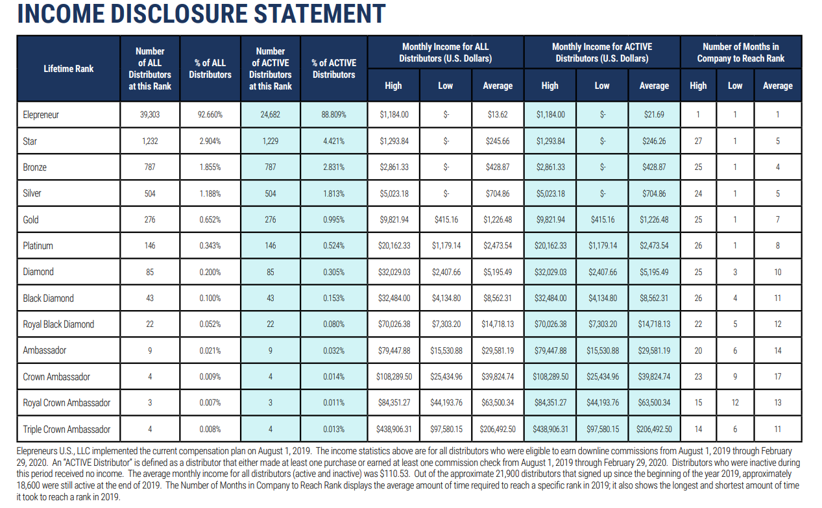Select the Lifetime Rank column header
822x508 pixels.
point(68,69)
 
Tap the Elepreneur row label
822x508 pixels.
point(41,115)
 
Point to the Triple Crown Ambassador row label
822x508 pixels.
point(66,429)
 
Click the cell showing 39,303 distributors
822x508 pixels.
point(150,115)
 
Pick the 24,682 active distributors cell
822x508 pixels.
point(270,115)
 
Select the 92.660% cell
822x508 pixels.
point(210,115)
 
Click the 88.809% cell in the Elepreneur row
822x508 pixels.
point(333,115)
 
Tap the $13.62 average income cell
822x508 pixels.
point(498,115)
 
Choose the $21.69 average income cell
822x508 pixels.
point(654,115)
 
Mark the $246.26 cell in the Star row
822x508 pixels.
point(654,141)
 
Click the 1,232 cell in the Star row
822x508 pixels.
point(150,141)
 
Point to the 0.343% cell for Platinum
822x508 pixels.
point(210,246)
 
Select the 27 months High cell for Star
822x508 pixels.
point(698,141)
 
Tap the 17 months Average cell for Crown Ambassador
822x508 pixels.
point(777,376)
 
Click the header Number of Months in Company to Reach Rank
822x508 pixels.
point(740,53)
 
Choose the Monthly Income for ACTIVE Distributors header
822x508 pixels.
point(601,53)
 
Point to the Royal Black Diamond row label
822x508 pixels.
point(58,324)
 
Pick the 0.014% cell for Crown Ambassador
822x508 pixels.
point(333,376)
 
